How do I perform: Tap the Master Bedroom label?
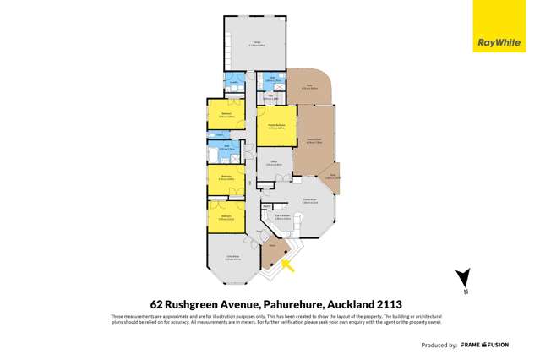[x=276, y=125]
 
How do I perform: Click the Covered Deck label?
[x=314, y=139]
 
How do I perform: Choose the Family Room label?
[x=310, y=201]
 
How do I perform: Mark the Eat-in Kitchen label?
[x=283, y=218]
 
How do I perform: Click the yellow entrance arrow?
[x=288, y=267]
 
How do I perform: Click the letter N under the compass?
[x=463, y=292]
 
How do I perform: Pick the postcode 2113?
[x=386, y=303]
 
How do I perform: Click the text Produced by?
[x=439, y=346]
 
